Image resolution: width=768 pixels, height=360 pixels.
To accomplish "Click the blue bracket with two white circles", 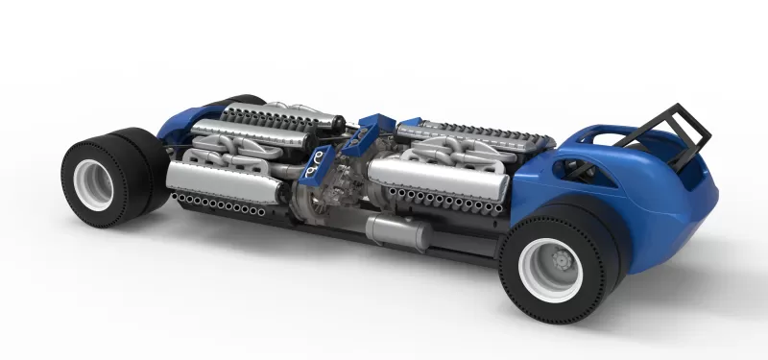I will (x=314, y=169).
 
